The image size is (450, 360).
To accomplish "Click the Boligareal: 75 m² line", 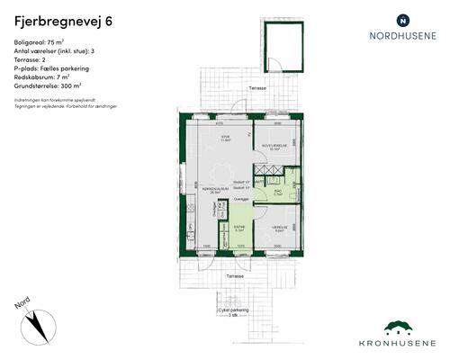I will click(41, 43).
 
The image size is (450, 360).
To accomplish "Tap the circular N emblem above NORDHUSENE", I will click(402, 19).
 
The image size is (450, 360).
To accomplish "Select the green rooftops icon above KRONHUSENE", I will click(403, 328).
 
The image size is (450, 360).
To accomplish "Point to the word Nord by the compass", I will click(23, 305).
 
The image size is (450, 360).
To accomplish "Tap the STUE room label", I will click(227, 138).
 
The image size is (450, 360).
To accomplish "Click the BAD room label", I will click(278, 191).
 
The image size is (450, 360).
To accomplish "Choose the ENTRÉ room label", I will click(238, 228).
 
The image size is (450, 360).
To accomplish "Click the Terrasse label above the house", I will click(258, 90).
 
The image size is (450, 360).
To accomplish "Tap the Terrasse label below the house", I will click(235, 274).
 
